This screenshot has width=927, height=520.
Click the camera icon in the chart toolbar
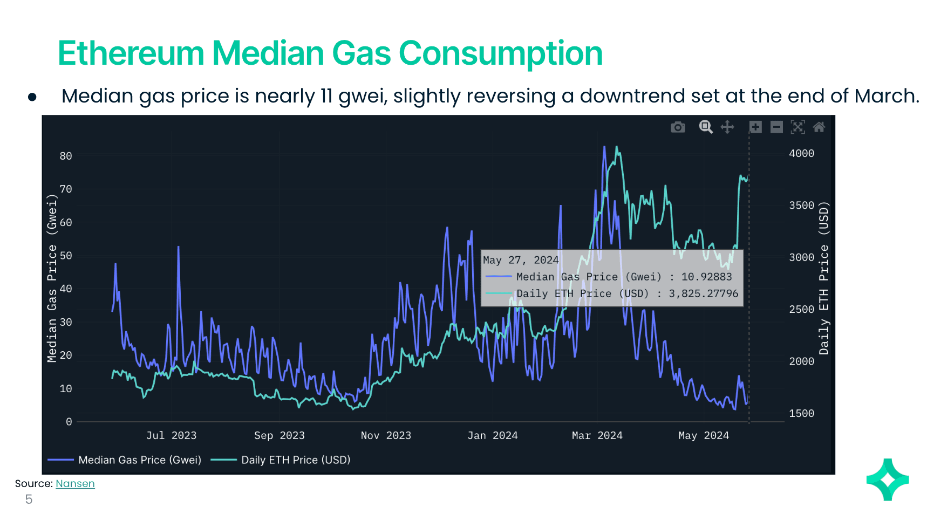click(678, 127)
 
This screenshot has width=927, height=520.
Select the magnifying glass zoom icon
click(706, 127)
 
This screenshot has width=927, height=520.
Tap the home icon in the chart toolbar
click(819, 127)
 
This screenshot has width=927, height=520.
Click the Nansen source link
click(75, 484)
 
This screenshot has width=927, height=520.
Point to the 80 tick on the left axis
click(66, 156)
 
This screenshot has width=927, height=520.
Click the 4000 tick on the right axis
click(801, 154)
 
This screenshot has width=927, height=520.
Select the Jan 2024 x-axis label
click(492, 436)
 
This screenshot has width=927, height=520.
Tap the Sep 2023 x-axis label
click(279, 436)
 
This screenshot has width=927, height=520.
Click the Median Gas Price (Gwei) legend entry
click(139, 460)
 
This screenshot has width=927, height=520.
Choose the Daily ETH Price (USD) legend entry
click(295, 460)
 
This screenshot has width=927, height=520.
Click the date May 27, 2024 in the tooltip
click(521, 260)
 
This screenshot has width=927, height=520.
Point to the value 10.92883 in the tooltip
click(706, 277)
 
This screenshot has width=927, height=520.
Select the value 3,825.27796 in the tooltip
click(703, 293)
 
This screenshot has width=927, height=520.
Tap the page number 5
click(29, 500)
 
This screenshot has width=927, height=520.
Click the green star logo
click(888, 480)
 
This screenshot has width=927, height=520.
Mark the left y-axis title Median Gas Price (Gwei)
click(52, 278)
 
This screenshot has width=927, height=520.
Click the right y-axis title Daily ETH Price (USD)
click(823, 278)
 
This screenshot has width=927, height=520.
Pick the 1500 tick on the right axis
click(801, 414)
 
